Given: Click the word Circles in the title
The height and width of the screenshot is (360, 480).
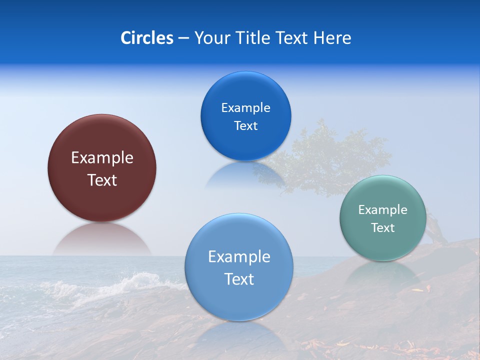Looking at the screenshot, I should click(x=147, y=38).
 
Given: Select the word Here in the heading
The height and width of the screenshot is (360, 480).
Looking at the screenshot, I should click(x=332, y=38).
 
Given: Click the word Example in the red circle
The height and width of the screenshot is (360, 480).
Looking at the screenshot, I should click(x=102, y=158).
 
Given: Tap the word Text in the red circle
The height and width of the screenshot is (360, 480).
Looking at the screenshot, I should click(x=102, y=180).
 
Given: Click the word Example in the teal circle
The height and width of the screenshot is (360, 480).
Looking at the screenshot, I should click(x=383, y=210).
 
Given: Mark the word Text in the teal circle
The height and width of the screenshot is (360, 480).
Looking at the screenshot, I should click(x=383, y=228).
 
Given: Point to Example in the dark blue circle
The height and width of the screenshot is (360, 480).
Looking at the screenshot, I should click(x=246, y=108).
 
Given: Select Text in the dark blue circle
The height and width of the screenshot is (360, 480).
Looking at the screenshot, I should click(x=246, y=126).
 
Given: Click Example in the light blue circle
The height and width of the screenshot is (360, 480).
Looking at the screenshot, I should click(x=239, y=257).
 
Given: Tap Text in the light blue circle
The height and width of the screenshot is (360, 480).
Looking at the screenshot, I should click(x=239, y=279).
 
